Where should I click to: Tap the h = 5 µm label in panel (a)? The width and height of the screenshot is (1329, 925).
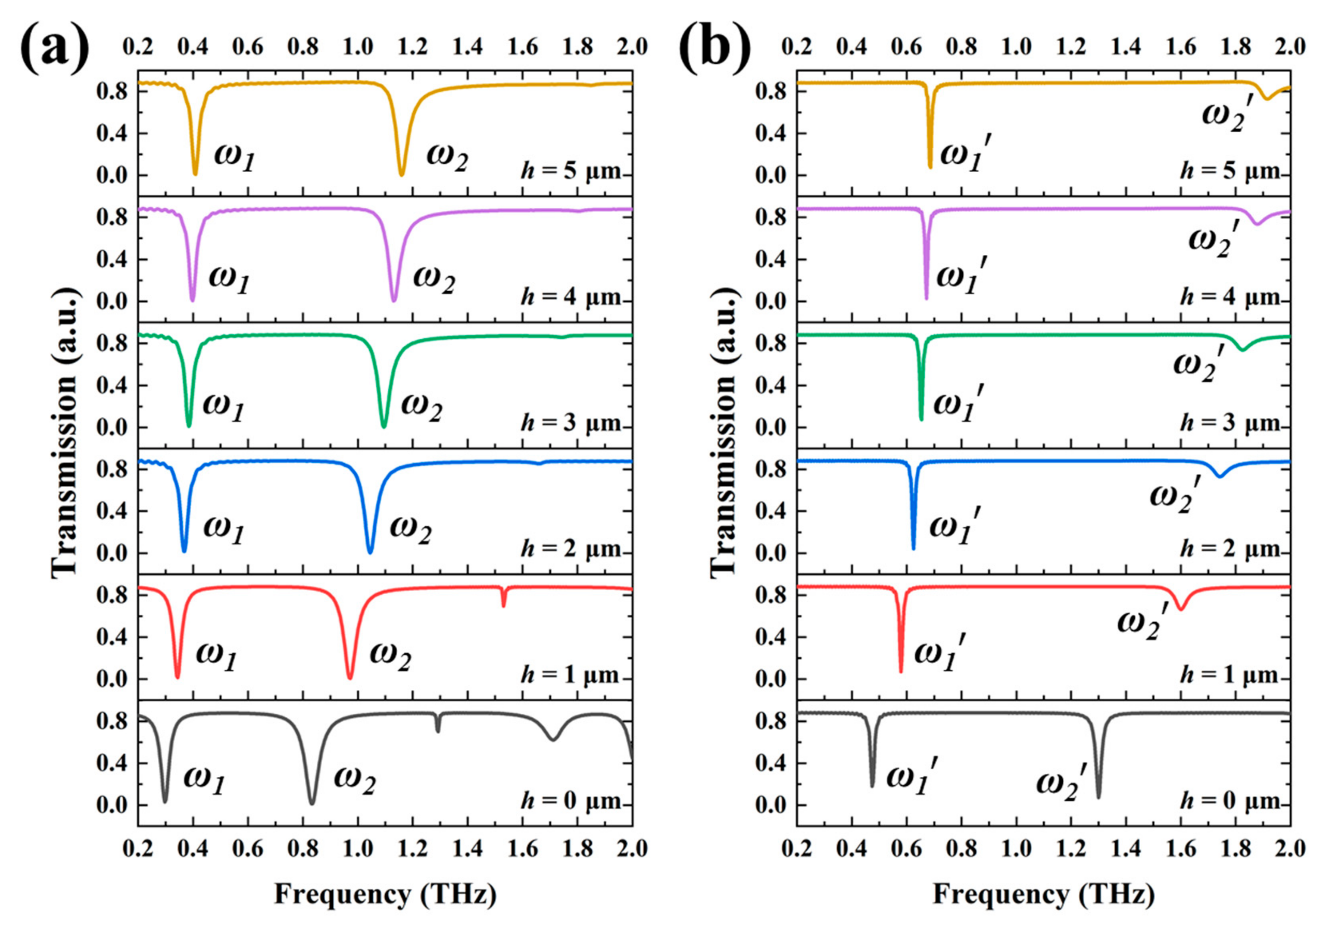(571, 171)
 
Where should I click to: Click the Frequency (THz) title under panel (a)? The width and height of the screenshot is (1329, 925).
(385, 894)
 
